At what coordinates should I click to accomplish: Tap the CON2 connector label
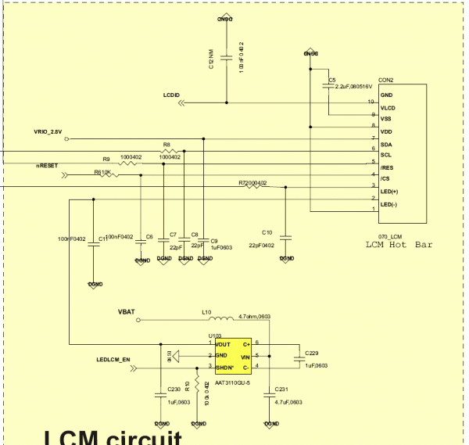pos(385,80)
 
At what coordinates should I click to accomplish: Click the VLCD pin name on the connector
pos(388,107)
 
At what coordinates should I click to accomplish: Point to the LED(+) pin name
pos(389,192)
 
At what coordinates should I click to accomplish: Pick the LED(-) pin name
pos(389,204)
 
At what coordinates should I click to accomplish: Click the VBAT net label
pos(127,312)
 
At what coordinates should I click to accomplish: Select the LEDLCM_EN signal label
pos(113,361)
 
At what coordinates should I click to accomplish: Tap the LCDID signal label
pos(171,95)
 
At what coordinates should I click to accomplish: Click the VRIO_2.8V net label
pos(48,132)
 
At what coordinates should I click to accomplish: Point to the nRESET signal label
pos(47,166)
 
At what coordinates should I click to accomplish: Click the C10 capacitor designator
pos(267,232)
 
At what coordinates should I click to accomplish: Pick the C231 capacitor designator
pos(282,389)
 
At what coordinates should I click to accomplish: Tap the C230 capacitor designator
pos(174,389)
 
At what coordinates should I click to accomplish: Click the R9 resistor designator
pos(106,158)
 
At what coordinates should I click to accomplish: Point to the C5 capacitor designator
pos(332,80)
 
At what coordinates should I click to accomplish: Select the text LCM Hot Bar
pos(399,245)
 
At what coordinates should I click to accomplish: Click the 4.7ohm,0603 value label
pos(255,315)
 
